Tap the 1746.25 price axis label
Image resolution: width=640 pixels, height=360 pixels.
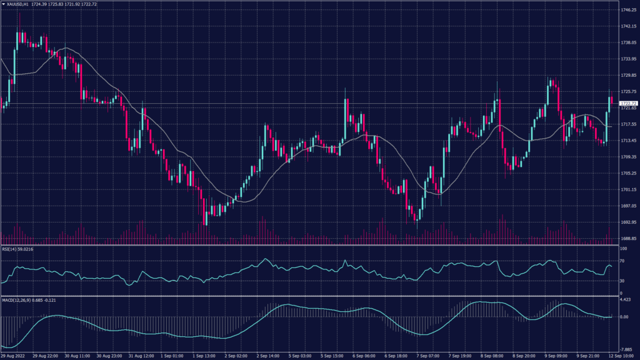point(628,10)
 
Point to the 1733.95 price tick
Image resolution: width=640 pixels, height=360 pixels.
point(628,59)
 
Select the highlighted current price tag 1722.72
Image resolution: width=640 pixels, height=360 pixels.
point(628,103)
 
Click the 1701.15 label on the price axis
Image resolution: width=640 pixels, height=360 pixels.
point(628,189)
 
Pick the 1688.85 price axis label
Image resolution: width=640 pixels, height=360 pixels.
point(628,238)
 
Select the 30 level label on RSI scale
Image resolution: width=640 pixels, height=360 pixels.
point(622,281)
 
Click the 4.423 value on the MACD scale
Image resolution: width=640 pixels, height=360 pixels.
point(626,300)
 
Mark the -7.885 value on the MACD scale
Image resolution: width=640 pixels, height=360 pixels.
point(626,349)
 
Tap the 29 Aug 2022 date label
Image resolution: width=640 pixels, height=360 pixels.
point(13,356)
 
